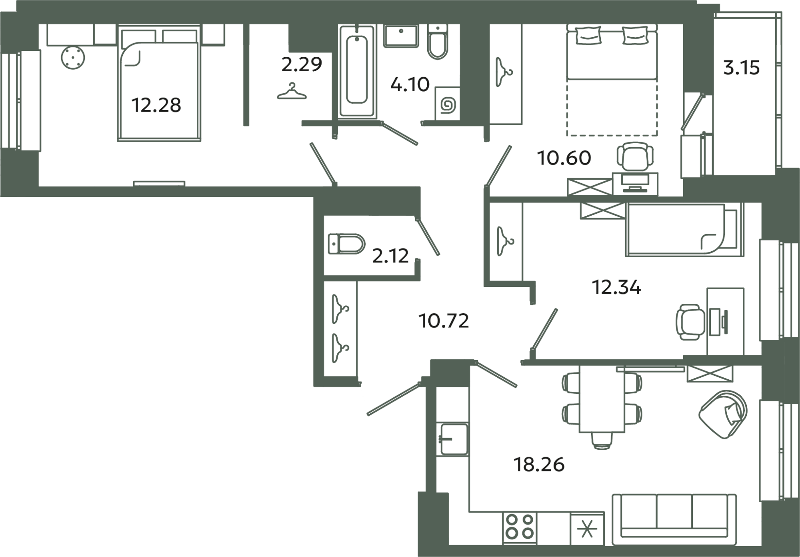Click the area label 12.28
tap(156, 105)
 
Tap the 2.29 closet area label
tap(302, 65)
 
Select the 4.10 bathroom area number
tap(410, 85)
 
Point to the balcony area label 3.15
tap(742, 79)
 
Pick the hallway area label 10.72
tap(444, 321)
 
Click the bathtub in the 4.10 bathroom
tap(357, 71)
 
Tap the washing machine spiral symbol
tap(448, 106)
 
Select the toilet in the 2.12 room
tap(346, 244)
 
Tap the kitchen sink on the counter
tap(454, 439)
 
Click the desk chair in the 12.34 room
tap(690, 322)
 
